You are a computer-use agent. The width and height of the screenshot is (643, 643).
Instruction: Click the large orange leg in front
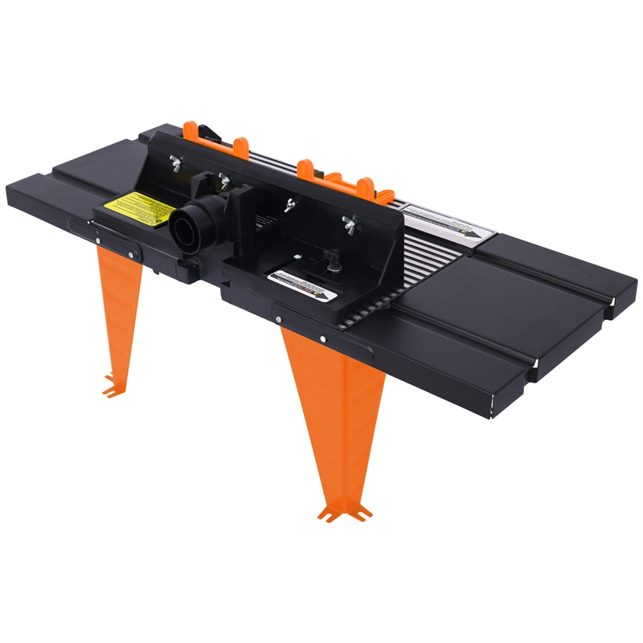tap(334, 402)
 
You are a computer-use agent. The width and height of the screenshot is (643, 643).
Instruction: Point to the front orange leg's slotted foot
tap(344, 511)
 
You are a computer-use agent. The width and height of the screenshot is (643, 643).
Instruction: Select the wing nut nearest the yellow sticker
tap(174, 162)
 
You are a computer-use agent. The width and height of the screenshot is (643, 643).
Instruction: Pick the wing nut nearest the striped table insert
tap(349, 223)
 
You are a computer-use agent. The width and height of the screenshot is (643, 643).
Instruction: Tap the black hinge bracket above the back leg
tap(117, 245)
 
